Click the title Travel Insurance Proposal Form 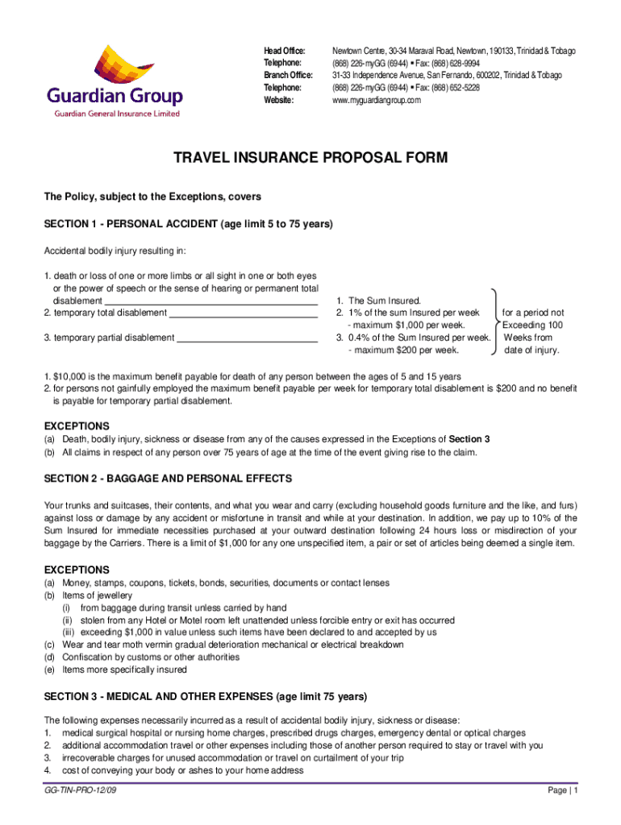coord(310,158)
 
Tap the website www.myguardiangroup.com coord(377,100)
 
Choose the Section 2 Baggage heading coord(168,479)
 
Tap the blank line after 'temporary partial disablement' coord(247,338)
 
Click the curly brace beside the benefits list coord(494,322)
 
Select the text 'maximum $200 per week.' coord(403,350)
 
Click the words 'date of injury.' coord(531,350)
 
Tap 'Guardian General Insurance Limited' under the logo coord(117,114)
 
